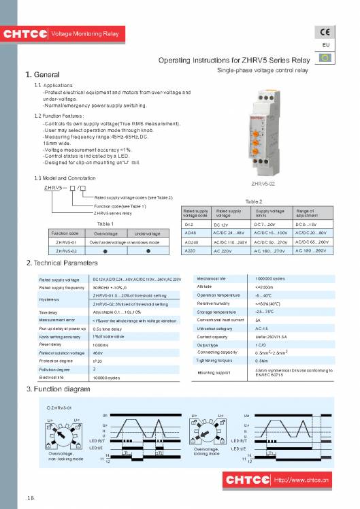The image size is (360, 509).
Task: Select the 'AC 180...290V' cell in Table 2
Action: (311, 251)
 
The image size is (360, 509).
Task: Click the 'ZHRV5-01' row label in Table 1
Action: (65, 242)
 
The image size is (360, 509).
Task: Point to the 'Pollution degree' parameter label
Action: (56, 368)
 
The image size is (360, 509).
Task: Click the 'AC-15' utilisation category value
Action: (262, 328)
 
